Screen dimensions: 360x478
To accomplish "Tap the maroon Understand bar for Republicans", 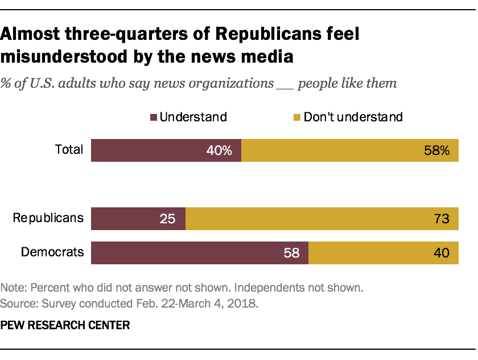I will tap(131, 218).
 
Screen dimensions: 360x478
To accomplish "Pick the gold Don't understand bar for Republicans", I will tap(307, 218).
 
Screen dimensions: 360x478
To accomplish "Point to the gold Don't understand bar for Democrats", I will tap(370, 253).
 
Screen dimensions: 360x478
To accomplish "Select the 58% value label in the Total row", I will tap(437, 151).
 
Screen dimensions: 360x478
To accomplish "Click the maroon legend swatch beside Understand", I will tap(153, 117).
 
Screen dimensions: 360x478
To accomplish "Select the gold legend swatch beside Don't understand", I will tap(296, 117).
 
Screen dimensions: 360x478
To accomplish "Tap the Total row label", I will tap(69, 150).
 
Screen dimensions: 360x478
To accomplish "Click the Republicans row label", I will tap(48, 218).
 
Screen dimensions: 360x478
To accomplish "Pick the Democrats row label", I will tap(53, 252).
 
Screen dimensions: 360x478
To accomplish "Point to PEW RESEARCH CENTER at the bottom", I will tap(65, 326).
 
